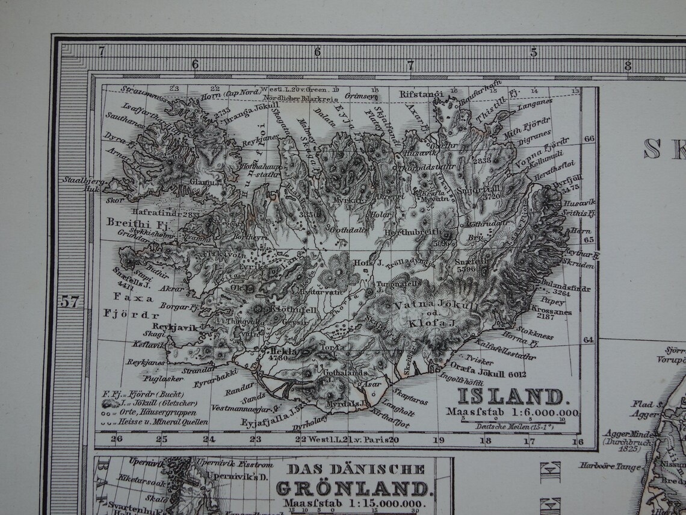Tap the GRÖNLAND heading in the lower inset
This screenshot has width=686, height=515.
point(353,487)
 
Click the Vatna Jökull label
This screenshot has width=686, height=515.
point(428,305)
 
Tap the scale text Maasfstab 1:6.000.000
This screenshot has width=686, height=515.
point(512,413)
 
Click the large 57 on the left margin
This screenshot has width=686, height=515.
point(70,301)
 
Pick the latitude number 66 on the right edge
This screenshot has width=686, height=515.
point(589,138)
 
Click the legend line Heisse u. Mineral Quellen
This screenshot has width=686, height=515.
point(158,422)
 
